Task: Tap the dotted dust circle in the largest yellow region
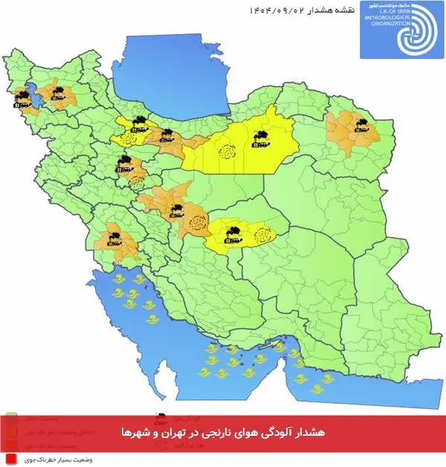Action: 225,153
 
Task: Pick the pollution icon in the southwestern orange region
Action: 114,238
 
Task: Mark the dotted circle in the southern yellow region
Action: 262,236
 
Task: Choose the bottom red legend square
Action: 12,460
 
